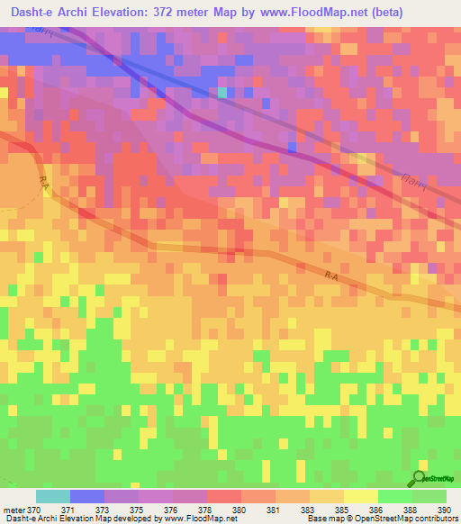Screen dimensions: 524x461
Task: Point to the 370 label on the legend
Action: tap(34, 509)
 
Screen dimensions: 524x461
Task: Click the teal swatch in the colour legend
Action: tap(52, 496)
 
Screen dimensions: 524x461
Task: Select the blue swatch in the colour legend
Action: tap(86, 496)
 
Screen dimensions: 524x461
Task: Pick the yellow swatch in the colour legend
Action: tap(360, 496)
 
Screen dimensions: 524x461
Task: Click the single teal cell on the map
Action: tap(222, 92)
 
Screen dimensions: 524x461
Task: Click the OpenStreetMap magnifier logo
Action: tap(420, 477)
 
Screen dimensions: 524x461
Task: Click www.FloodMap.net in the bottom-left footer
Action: tap(191, 519)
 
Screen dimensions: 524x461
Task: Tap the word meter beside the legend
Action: tap(14, 509)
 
